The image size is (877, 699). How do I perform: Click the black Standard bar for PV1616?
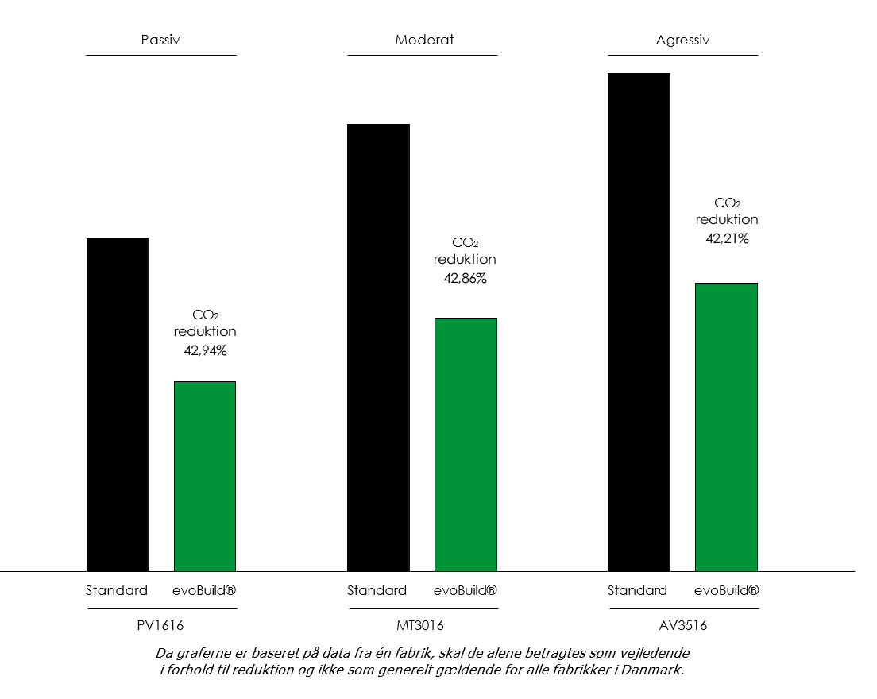(118, 404)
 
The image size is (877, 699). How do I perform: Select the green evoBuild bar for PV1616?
(205, 476)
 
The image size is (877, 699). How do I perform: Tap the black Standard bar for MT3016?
(378, 347)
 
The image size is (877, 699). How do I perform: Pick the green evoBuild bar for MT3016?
(466, 444)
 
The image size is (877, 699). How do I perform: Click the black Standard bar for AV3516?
(639, 322)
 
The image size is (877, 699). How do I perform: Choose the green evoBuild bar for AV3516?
(726, 427)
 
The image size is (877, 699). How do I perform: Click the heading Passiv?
(160, 40)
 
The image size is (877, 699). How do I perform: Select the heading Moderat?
(424, 40)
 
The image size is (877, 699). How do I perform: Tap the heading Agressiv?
(682, 40)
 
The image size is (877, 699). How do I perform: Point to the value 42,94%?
(205, 350)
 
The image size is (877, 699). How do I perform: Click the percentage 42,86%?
(465, 278)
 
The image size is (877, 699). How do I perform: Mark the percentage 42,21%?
(727, 238)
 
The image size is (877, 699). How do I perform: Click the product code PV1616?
(160, 625)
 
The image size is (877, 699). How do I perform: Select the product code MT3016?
(423, 625)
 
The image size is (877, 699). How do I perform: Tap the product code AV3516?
(682, 625)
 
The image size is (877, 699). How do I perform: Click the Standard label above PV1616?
(117, 590)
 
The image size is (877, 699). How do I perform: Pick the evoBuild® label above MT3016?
(466, 590)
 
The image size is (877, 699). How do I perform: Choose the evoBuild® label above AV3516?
(726, 590)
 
